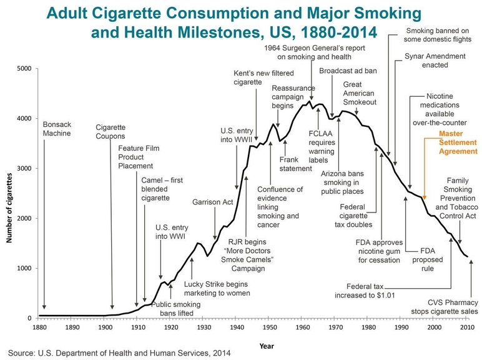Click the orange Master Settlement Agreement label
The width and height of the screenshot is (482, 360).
click(x=457, y=142)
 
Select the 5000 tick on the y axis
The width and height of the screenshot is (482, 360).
click(x=22, y=69)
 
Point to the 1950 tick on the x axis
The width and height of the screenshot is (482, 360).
click(x=268, y=327)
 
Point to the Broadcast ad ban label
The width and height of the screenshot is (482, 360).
click(x=348, y=71)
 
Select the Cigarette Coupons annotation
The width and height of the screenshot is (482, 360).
click(x=111, y=131)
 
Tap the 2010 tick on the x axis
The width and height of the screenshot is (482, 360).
click(x=465, y=327)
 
